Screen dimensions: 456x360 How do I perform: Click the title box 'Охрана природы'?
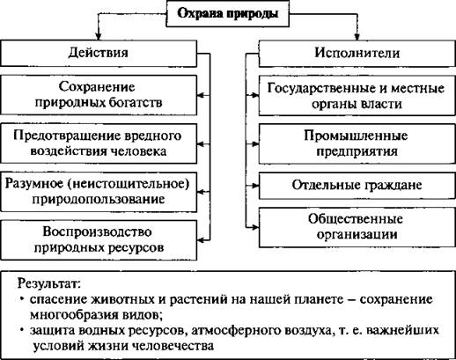tap(228, 14)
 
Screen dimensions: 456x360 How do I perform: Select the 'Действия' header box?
tap(99, 53)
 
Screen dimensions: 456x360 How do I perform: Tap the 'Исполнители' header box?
tap(357, 53)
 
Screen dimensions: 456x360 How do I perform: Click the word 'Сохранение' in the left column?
tap(97, 87)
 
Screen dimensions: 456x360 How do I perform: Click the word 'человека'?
tap(139, 151)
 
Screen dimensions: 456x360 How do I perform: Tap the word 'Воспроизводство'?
tap(97, 231)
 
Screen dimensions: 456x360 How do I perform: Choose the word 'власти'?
tap(381, 104)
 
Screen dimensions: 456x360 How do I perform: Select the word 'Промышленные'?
tap(356, 136)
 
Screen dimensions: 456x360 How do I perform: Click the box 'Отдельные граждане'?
tap(357, 186)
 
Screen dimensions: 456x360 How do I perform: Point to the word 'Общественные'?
tap(356, 219)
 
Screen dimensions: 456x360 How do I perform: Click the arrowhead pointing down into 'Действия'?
tap(99, 37)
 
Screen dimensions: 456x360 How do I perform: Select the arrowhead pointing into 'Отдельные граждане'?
tap(255, 186)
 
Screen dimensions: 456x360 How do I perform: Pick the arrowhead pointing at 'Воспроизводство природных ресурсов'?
tap(201, 240)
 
